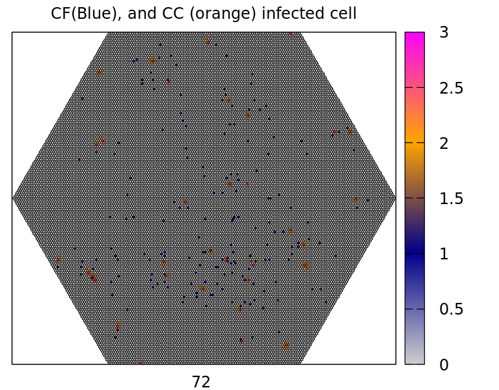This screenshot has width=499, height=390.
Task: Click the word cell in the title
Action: tap(343, 13)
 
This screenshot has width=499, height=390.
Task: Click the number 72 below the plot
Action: tap(201, 382)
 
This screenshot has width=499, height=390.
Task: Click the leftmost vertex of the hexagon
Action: tap(13, 197)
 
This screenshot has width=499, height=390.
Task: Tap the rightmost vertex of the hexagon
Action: tap(395, 197)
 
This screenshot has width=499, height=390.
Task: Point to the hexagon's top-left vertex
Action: tap(108, 32)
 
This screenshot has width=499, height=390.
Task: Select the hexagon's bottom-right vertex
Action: tap(301, 363)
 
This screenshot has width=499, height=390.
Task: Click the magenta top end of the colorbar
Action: tap(414, 35)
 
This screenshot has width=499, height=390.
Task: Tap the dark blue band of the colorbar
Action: tap(414, 252)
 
